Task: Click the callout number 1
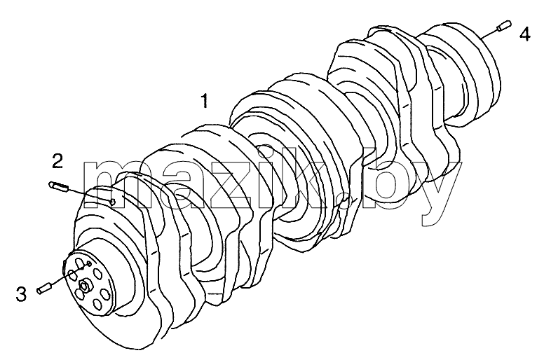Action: click(205, 100)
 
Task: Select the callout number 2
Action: click(57, 161)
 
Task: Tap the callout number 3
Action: click(21, 294)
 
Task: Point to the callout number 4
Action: click(524, 34)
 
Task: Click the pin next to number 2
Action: click(60, 186)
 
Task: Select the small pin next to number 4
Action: click(504, 26)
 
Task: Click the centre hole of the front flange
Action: click(83, 286)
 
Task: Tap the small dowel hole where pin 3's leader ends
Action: click(89, 264)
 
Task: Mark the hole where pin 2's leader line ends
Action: click(112, 202)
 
